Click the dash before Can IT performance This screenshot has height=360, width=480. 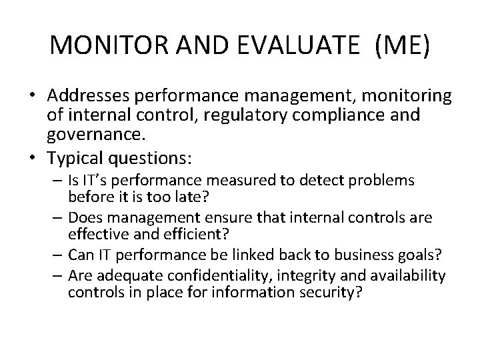point(59,255)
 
